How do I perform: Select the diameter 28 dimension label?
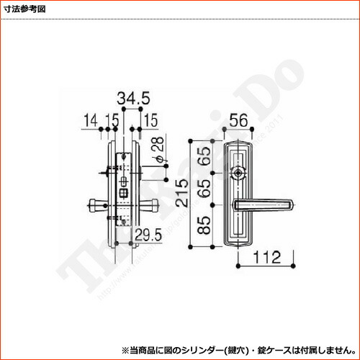pos(160,148)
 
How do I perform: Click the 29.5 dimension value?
pos(148,233)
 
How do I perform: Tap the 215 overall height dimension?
pos(177,194)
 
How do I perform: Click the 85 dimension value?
pos(205,226)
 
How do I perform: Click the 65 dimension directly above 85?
pos(205,189)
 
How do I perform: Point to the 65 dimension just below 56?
pos(205,156)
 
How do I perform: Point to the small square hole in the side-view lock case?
pos(122,192)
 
